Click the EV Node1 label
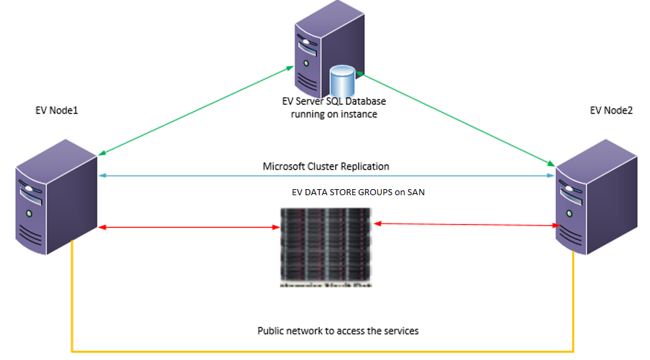point(57,110)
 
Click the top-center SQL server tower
point(318,51)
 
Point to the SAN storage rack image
point(325,247)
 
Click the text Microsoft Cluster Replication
point(326,166)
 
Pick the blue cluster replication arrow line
point(203,176)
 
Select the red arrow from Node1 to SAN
point(189,228)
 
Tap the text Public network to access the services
point(338,331)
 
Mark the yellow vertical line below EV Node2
point(574,304)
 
